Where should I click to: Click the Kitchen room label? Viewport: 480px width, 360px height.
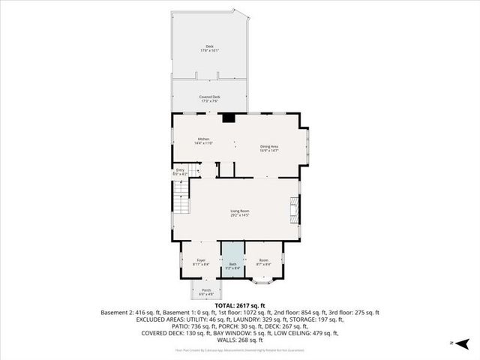coord(203,139)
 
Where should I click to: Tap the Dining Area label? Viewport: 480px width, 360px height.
coord(270,146)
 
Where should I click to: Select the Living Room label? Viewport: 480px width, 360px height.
coord(239,210)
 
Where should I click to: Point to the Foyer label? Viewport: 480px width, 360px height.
coord(200,260)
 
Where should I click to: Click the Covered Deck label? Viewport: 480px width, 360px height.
coord(209,97)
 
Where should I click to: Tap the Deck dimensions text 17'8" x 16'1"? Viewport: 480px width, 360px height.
coord(210,51)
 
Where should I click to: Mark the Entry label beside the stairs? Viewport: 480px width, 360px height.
coord(180,170)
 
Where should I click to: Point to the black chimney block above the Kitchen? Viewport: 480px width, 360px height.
coord(228,116)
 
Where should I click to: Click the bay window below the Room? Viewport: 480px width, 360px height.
coord(263,280)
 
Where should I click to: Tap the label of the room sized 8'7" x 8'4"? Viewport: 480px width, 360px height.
coord(262,260)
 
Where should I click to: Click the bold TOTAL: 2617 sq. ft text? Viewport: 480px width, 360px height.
coord(240,306)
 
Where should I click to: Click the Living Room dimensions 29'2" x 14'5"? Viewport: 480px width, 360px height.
coord(239,214)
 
